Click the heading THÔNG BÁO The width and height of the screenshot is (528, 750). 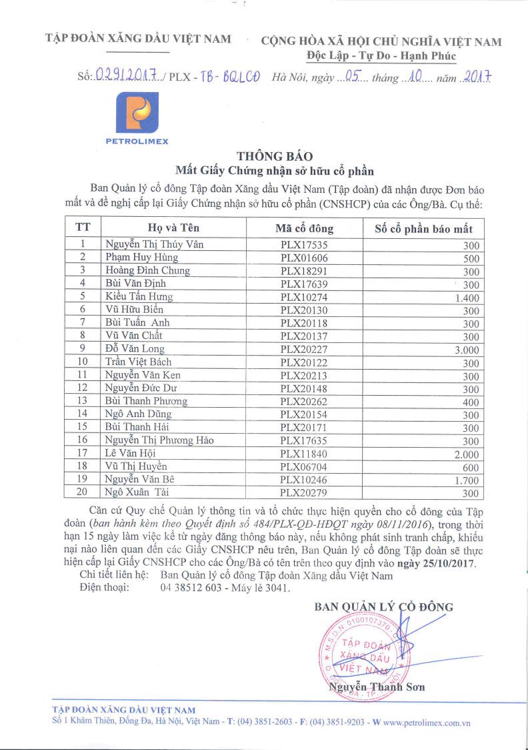265,157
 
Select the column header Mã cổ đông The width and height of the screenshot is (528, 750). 304,228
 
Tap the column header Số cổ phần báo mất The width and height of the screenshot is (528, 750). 423,228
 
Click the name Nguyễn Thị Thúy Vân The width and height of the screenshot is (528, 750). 154,244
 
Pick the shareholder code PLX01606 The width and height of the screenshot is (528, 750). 304,258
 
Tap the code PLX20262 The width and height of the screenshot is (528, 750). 304,401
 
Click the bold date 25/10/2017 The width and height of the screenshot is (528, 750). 451,564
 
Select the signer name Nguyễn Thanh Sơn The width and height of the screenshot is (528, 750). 376,687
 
